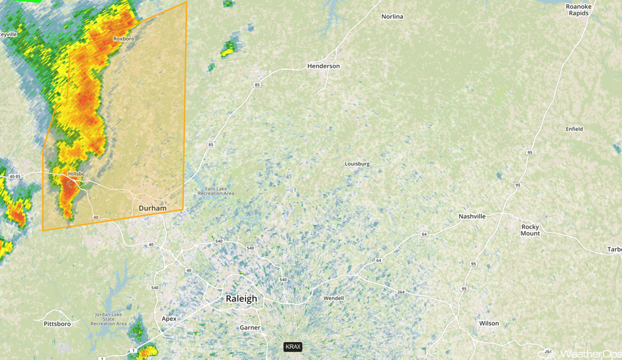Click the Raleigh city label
tap(241, 298)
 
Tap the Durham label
tap(152, 208)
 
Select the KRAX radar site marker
tap(292, 347)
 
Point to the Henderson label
tap(324, 66)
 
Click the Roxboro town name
tap(124, 39)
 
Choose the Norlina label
tap(392, 17)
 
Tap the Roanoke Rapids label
tap(577, 10)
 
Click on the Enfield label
tap(574, 129)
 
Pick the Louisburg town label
tap(357, 163)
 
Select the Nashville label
tap(472, 216)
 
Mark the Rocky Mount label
tap(530, 230)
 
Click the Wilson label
tap(489, 323)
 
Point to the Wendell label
tap(333, 298)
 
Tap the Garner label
tap(250, 328)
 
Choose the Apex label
tap(169, 318)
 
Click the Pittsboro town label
tap(57, 324)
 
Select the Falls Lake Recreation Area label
tap(216, 191)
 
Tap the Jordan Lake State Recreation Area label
tap(109, 320)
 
